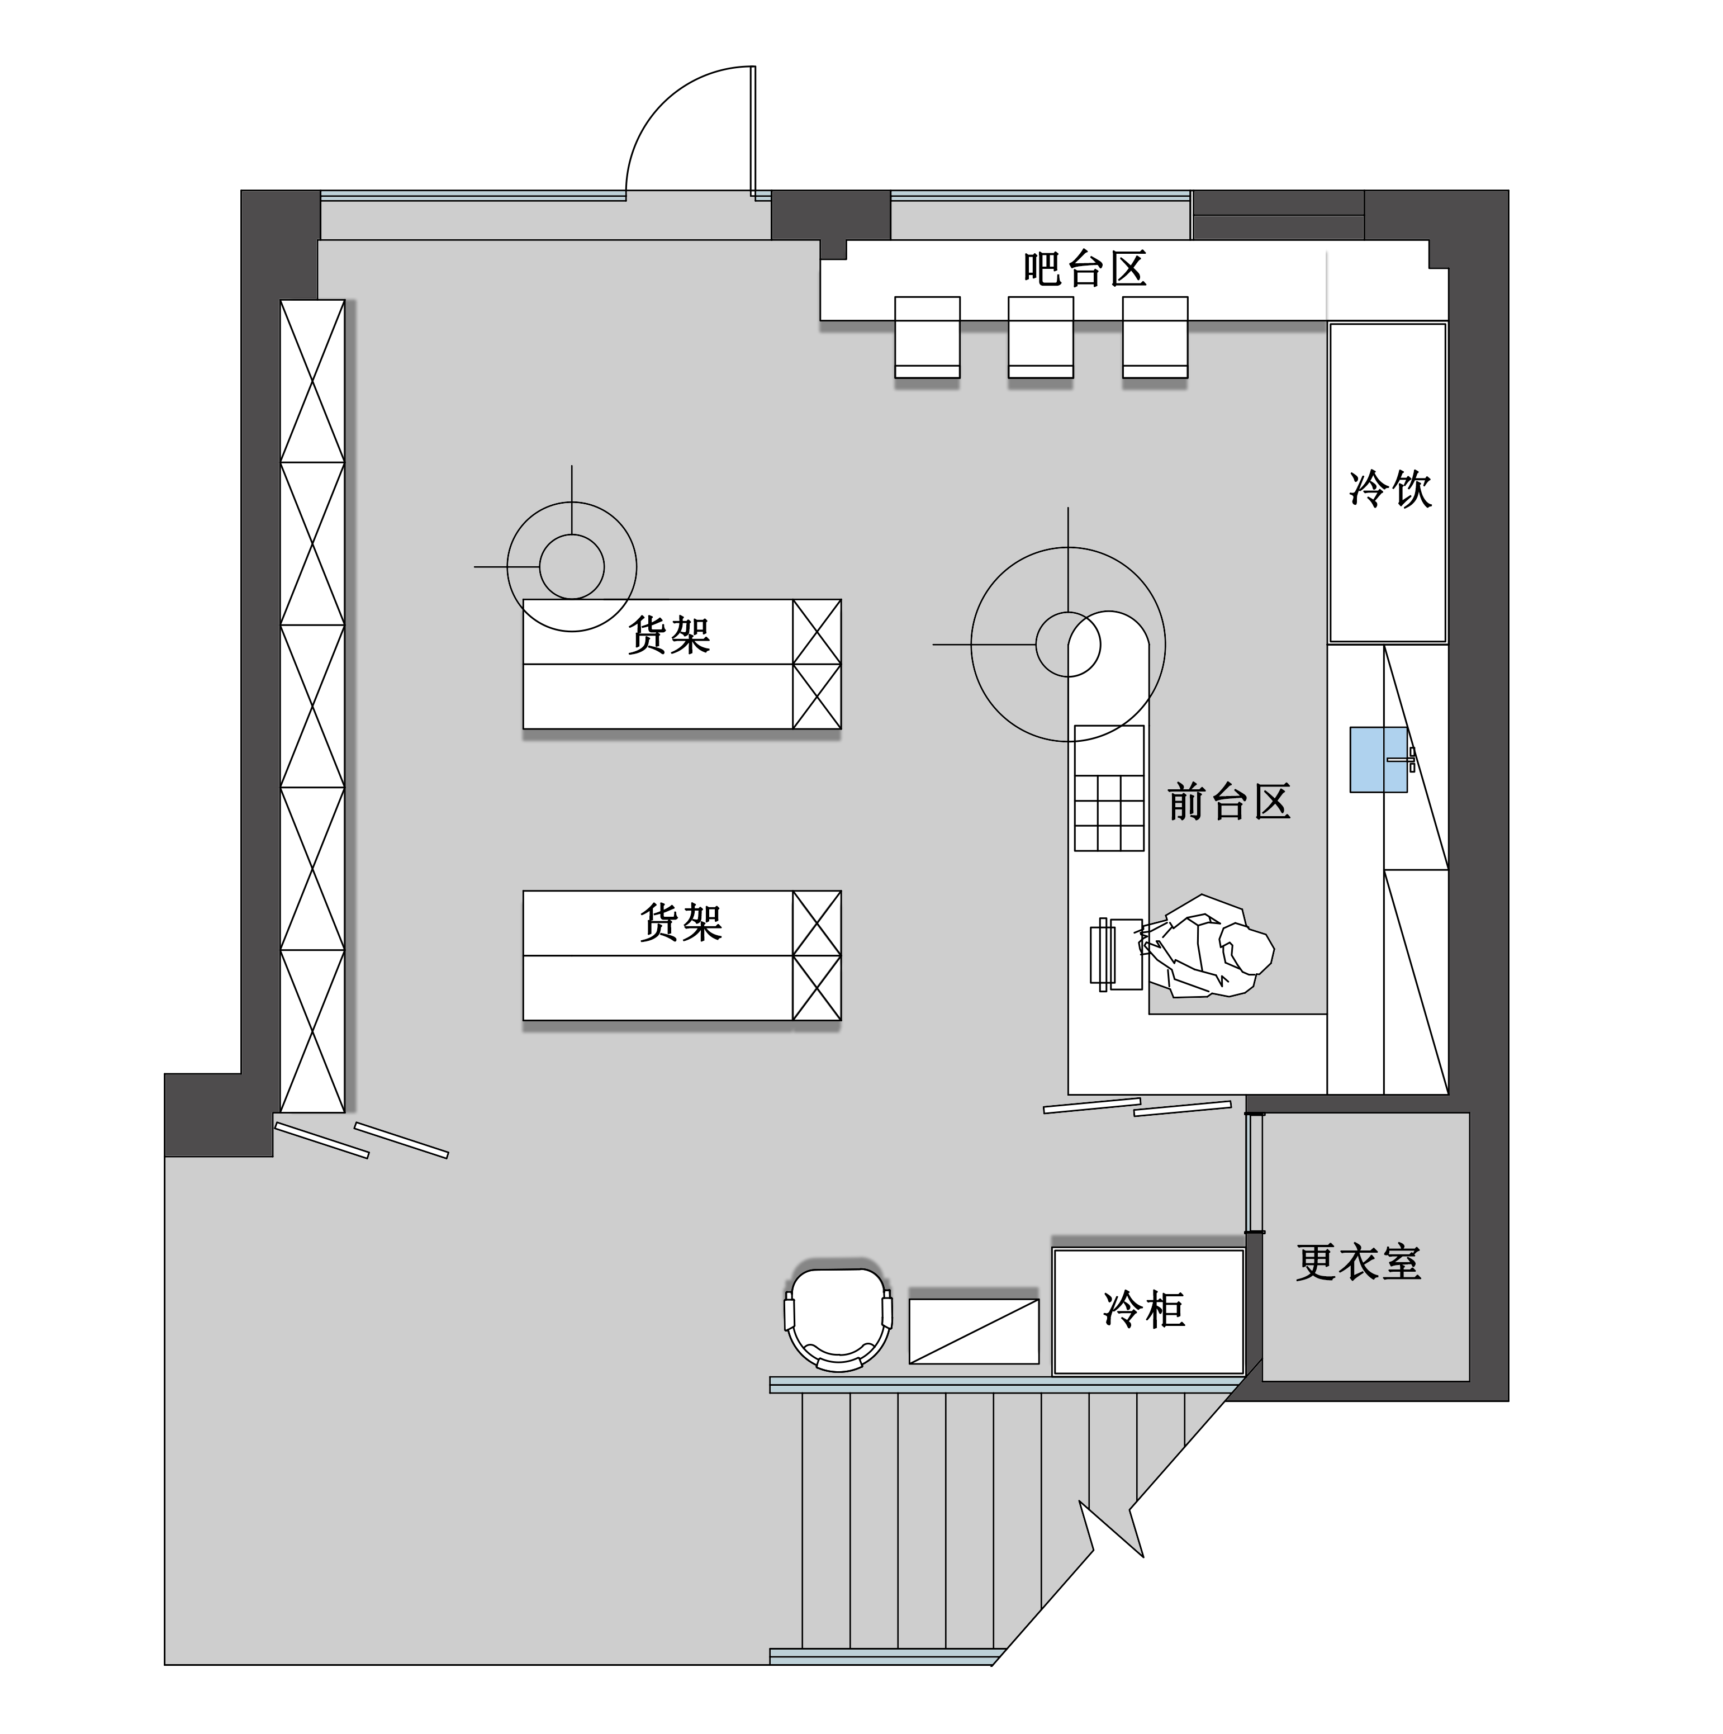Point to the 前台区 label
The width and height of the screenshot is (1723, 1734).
(1228, 802)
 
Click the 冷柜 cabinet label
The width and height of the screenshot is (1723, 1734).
(1144, 1310)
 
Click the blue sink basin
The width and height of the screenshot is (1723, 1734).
(1378, 759)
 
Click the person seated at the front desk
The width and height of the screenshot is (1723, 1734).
(1212, 947)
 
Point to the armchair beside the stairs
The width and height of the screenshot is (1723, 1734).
(838, 1318)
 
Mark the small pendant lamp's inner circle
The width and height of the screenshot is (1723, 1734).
(572, 566)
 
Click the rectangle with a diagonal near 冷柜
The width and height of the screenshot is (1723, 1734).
(974, 1331)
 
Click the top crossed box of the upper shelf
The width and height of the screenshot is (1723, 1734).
(817, 632)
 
